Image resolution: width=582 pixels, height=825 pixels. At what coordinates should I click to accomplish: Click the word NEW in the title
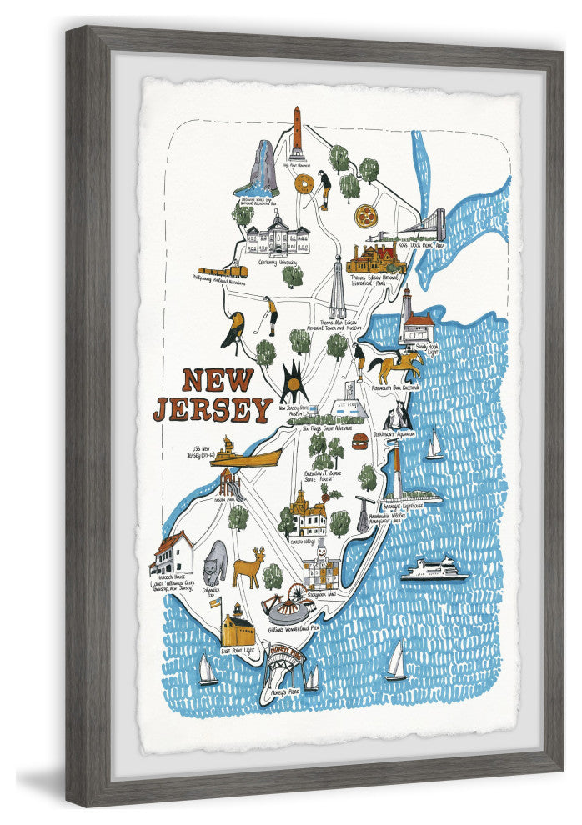pyautogui.click(x=218, y=381)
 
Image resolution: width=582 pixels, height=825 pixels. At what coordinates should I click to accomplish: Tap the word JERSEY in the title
pyautogui.click(x=213, y=409)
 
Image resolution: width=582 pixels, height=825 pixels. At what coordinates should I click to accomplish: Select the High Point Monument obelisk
pyautogui.click(x=296, y=134)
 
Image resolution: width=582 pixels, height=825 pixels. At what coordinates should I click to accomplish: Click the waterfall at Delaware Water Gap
pyautogui.click(x=260, y=168)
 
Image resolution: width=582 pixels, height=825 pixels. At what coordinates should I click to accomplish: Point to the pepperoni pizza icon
pyautogui.click(x=364, y=216)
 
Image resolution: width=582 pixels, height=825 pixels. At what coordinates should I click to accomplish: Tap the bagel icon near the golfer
pyautogui.click(x=304, y=182)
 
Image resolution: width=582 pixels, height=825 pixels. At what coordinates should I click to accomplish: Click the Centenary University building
pyautogui.click(x=277, y=234)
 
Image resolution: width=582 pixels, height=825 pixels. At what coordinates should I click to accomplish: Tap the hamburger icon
pyautogui.click(x=360, y=440)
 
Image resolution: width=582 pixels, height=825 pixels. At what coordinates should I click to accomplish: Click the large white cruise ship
pyautogui.click(x=434, y=571)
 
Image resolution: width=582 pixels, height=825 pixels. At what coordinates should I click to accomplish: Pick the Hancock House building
pyautogui.click(x=173, y=553)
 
